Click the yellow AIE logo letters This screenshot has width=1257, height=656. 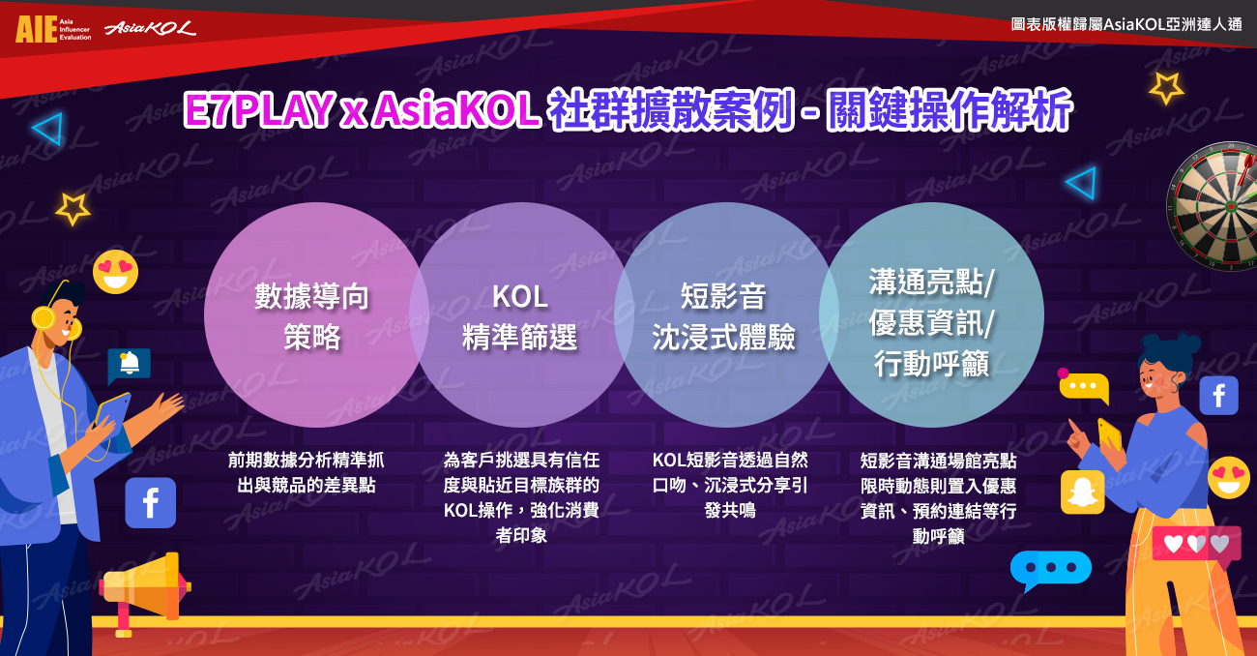(x=36, y=29)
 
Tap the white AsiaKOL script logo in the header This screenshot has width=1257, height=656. (x=150, y=28)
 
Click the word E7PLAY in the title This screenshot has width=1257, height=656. (x=257, y=109)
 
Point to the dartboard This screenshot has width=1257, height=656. (x=1213, y=205)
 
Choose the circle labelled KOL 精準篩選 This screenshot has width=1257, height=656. (x=520, y=314)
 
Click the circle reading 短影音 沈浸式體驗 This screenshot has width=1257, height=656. (x=724, y=314)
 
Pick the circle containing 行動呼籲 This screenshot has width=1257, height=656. (x=931, y=314)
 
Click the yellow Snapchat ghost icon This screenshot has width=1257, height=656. (x=1082, y=492)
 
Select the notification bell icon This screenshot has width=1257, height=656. (x=130, y=364)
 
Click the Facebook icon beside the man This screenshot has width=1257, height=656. (x=151, y=503)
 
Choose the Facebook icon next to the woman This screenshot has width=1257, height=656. (x=1219, y=396)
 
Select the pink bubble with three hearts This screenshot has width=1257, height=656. (x=1196, y=544)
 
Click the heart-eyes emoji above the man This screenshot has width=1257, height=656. (x=116, y=272)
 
